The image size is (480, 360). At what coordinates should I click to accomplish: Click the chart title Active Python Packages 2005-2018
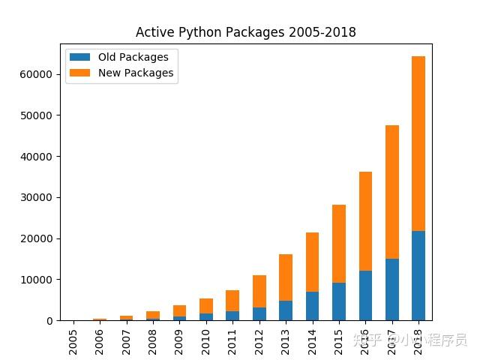click(x=245, y=32)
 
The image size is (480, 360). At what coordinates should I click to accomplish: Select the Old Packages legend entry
click(x=133, y=57)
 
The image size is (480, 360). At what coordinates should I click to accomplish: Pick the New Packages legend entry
click(x=136, y=73)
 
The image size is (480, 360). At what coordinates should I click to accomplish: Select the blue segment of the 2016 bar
click(x=365, y=295)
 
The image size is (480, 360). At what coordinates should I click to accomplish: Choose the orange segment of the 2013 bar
click(x=286, y=277)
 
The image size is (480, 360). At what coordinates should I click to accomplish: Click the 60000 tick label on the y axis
click(x=37, y=74)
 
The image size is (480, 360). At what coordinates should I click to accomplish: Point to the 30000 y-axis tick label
click(x=37, y=197)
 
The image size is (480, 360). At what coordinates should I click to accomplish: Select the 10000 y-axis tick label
click(x=37, y=280)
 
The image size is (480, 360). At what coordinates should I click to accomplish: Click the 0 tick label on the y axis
click(x=49, y=321)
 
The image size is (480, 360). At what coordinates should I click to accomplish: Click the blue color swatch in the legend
click(x=80, y=57)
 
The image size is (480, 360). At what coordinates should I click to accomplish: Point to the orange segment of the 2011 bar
click(x=232, y=300)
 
